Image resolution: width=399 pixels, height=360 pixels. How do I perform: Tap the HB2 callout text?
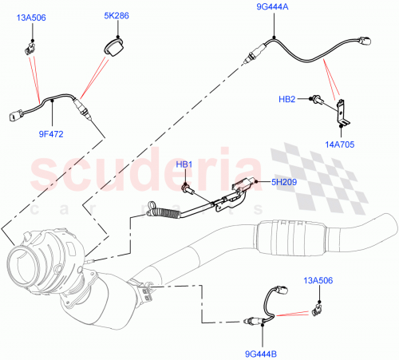click(x=287, y=99)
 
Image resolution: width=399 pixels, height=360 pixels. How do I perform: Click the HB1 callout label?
click(x=185, y=164)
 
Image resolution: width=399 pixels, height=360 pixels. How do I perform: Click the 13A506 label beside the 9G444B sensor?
click(x=318, y=280)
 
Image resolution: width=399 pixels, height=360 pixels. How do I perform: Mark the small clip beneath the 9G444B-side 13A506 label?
click(x=318, y=306)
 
